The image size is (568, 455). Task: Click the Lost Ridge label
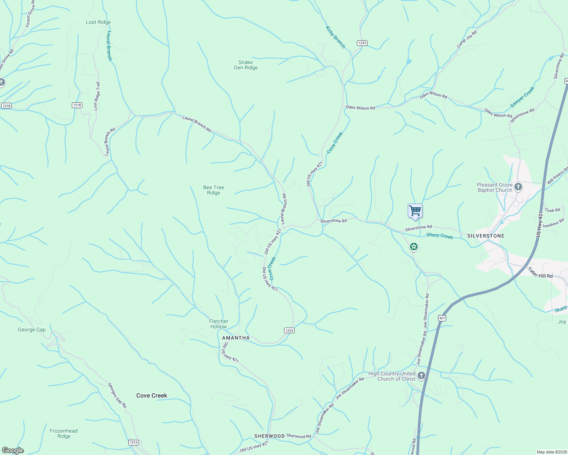(x=98, y=22)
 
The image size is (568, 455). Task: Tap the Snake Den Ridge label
(x=246, y=65)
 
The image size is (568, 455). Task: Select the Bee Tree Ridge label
(x=213, y=190)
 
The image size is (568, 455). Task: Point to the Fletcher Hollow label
(x=219, y=324)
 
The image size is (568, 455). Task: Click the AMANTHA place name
(x=236, y=338)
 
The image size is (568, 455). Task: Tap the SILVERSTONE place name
(x=486, y=236)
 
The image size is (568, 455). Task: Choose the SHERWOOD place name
(x=269, y=436)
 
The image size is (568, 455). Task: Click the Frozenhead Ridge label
(x=64, y=433)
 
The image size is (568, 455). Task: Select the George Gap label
(x=32, y=330)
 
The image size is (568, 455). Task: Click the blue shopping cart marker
(x=415, y=210)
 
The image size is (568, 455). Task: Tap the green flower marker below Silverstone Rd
(x=414, y=247)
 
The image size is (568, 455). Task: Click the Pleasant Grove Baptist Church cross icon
(x=518, y=187)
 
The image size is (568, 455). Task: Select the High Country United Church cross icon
(x=421, y=376)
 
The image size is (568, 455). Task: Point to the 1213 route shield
(x=133, y=442)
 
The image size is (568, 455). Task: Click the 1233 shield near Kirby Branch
(x=362, y=43)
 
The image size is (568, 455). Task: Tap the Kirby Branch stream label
(x=336, y=37)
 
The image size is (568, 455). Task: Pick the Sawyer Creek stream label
(x=522, y=97)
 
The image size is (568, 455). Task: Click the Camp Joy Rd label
(x=467, y=39)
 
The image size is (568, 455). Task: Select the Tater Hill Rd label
(x=540, y=273)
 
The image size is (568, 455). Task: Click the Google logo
(x=13, y=450)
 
